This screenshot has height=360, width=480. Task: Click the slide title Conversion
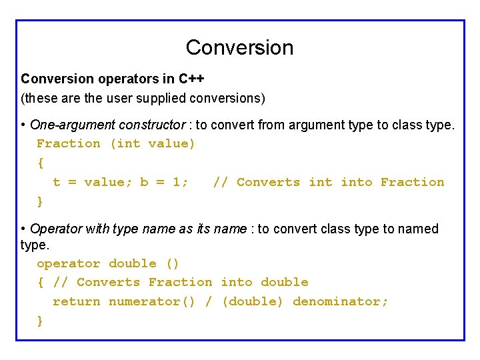(239, 47)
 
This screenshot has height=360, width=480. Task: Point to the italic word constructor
(152, 125)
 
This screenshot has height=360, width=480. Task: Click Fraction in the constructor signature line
(68, 143)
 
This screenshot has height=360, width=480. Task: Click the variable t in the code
(57, 182)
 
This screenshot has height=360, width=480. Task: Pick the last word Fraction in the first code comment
(412, 182)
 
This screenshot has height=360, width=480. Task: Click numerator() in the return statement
(152, 301)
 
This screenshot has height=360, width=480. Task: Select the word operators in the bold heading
(128, 79)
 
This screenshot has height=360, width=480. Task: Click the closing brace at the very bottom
(40, 320)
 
